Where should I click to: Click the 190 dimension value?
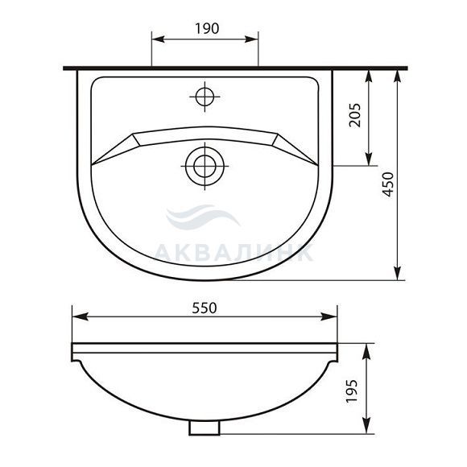click(x=207, y=29)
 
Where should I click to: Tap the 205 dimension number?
click(x=355, y=115)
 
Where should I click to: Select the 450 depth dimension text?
click(x=388, y=184)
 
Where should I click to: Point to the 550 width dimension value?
click(x=205, y=308)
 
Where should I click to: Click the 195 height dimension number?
click(x=352, y=391)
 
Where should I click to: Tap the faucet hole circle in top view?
click(x=205, y=97)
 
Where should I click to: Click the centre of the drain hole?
click(x=205, y=166)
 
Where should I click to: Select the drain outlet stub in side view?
click(x=205, y=428)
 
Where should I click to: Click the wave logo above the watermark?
click(x=203, y=217)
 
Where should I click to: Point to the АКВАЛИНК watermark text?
click(x=233, y=253)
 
